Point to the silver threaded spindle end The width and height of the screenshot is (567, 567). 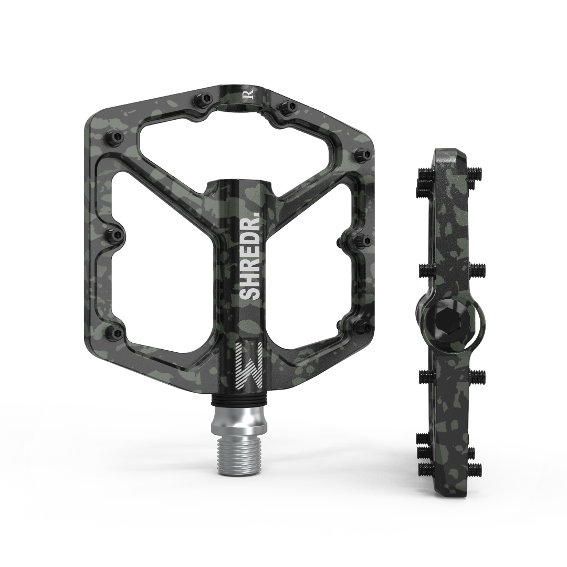(235, 452)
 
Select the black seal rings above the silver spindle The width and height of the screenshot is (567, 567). (234, 401)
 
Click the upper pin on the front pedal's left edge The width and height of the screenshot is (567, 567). (115, 136)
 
